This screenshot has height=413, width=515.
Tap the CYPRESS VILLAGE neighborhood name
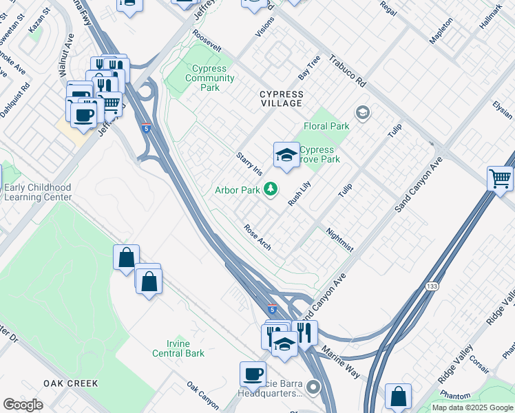(281, 98)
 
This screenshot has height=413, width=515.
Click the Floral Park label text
(326, 126)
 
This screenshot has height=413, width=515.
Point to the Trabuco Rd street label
(347, 71)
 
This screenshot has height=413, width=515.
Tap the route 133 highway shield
(432, 286)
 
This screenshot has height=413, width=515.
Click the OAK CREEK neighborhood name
(70, 383)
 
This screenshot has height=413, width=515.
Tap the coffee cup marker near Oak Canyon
(253, 374)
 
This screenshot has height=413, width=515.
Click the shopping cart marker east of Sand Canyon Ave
(500, 178)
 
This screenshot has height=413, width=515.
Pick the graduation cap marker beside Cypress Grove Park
(286, 155)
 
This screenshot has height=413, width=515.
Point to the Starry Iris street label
(249, 164)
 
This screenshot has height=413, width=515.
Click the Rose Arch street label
(257, 235)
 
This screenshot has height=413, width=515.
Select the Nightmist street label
(339, 240)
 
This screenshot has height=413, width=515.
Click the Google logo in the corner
(23, 404)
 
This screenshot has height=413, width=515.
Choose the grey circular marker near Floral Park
(362, 112)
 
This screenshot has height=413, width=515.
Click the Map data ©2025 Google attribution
(472, 407)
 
